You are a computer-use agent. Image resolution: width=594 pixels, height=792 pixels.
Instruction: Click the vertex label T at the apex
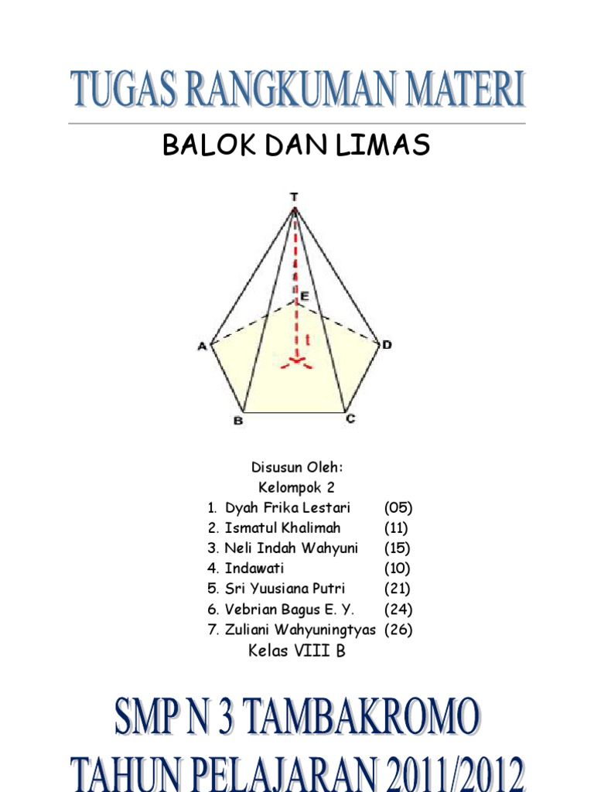tap(294, 197)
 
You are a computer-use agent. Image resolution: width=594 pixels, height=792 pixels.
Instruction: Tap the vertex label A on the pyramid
tap(202, 346)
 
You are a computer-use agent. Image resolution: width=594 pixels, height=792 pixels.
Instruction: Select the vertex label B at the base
tap(238, 421)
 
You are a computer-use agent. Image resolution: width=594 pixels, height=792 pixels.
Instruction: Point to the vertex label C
tap(350, 419)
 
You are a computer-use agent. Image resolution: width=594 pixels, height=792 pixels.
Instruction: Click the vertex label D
tap(387, 345)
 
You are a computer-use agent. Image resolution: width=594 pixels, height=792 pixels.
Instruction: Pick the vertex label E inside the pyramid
tap(304, 295)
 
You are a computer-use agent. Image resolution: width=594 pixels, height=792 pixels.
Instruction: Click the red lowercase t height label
tap(308, 338)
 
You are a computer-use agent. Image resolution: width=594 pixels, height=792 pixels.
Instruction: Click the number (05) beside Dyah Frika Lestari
tap(398, 508)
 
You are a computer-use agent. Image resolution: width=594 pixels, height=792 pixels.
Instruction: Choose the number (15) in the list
tap(397, 548)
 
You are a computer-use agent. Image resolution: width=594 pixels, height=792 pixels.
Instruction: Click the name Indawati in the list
tap(254, 568)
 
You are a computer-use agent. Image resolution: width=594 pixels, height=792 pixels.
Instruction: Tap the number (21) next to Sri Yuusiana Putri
tap(397, 589)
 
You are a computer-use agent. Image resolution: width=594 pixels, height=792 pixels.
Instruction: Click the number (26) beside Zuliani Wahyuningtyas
tap(398, 630)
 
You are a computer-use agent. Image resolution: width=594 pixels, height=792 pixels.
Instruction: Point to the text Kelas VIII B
tap(296, 651)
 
